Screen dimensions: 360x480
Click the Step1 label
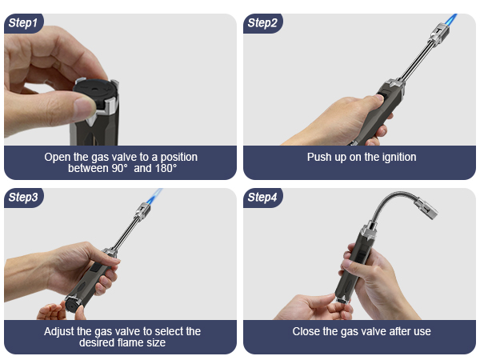22,22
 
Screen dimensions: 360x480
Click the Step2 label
262,22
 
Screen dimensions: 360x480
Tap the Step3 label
22,197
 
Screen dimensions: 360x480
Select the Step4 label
262,197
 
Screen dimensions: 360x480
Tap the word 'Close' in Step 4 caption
308,331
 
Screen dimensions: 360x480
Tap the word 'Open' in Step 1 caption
57,157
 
